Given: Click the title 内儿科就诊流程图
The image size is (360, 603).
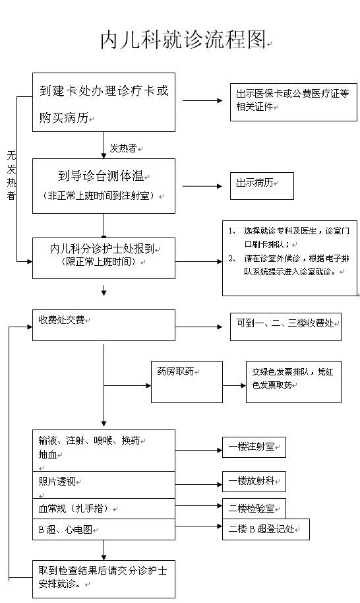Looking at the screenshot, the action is pyautogui.click(x=183, y=40).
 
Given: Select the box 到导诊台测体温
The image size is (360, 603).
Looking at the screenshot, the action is pyautogui.click(x=104, y=186).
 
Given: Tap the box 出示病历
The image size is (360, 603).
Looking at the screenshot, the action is pyautogui.click(x=262, y=186).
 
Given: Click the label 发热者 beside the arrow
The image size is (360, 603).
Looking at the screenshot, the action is pyautogui.click(x=123, y=148).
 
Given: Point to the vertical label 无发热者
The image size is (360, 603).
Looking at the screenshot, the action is pyautogui.click(x=11, y=175).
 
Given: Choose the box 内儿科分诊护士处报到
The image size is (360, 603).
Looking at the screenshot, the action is pyautogui.click(x=104, y=258).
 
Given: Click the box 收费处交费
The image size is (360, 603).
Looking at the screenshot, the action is pyautogui.click(x=104, y=325).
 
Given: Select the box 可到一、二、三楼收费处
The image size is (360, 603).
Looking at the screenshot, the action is pyautogui.click(x=285, y=327).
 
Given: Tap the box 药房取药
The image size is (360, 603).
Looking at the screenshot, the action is pyautogui.click(x=187, y=382).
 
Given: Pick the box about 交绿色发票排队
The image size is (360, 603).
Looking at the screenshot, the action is pyautogui.click(x=293, y=382).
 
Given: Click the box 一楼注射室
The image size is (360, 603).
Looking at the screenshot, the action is pyautogui.click(x=254, y=447).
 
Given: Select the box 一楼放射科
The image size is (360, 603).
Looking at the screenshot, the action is pyautogui.click(x=254, y=482).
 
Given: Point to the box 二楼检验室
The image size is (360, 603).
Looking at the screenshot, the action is pyautogui.click(x=254, y=509).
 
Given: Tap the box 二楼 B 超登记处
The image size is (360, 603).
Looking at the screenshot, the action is pyautogui.click(x=266, y=530).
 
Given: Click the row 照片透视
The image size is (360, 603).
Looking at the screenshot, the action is pyautogui.click(x=104, y=485).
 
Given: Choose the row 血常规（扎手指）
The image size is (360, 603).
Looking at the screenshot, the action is pyautogui.click(x=104, y=509).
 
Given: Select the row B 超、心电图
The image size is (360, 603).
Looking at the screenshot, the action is pyautogui.click(x=104, y=530).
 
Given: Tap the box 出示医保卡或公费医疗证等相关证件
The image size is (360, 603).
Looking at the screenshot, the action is pyautogui.click(x=293, y=102).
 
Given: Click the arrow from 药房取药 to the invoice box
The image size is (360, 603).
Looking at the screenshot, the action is pyautogui.click(x=234, y=385).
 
